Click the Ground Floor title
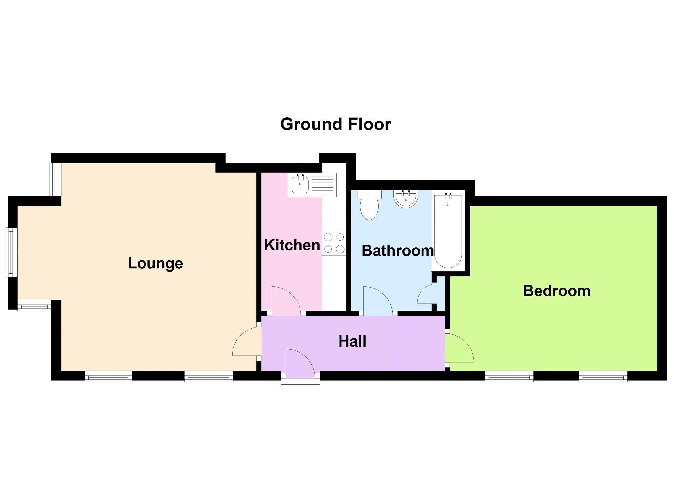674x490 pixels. (x=336, y=124)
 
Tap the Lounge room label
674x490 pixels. (x=155, y=263)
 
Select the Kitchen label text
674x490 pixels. (x=292, y=245)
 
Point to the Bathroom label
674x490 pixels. (x=397, y=250)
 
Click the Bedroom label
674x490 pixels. (x=557, y=291)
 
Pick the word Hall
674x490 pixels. (x=352, y=341)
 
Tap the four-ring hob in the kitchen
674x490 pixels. (x=334, y=243)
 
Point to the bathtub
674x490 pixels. (x=448, y=232)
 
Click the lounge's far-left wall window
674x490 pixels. (x=12, y=252)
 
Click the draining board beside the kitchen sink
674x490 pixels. (x=323, y=185)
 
